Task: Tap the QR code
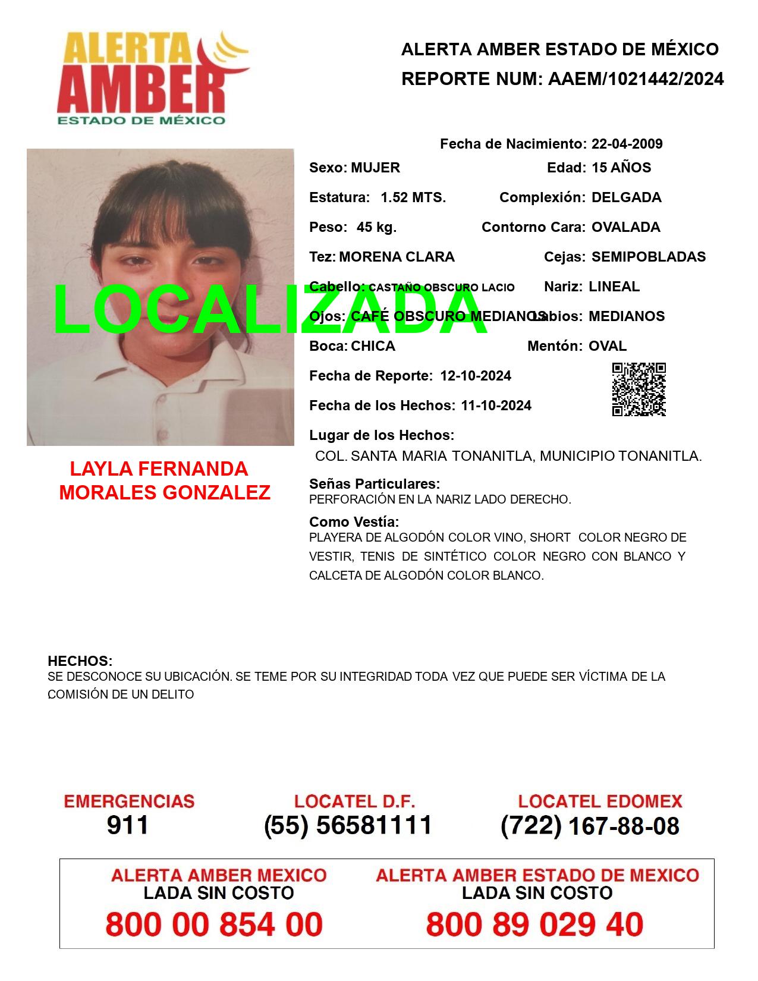pos(639,389)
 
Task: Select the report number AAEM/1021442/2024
pos(636,79)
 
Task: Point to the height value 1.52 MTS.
pos(413,197)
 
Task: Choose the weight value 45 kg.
pos(376,227)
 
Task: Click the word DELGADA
pos(626,197)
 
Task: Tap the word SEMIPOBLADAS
pos(648,257)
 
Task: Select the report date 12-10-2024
pos(476,376)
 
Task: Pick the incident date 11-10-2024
pos(496,405)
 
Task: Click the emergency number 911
pos(128,825)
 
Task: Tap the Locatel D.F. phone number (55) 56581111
pos(348,825)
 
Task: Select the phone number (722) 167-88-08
pos(590,826)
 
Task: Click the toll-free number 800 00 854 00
pos(214,925)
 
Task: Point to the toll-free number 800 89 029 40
pos(534,925)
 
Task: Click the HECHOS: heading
pos(80,661)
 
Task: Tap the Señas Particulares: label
pos(375,484)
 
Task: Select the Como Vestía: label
pos(354,522)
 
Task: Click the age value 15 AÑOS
pos(621,168)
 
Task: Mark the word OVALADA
pos(625,227)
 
